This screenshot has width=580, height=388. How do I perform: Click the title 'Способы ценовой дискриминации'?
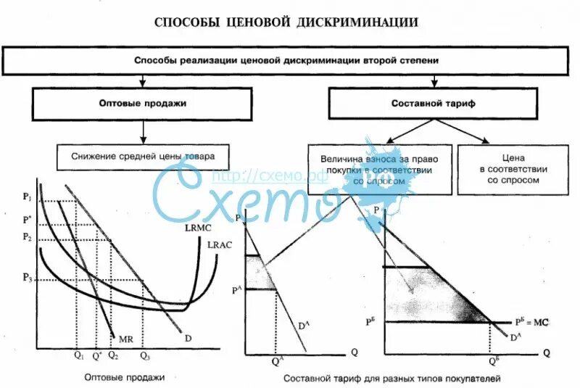286,22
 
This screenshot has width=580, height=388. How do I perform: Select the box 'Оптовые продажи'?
142,104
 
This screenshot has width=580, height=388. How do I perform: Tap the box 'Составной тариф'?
434,104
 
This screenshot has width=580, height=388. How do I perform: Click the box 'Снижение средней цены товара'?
143,156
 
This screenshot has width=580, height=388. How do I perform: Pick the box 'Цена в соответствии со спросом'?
513,168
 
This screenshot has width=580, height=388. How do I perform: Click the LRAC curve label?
219,244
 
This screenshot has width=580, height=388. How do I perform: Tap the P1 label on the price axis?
28,197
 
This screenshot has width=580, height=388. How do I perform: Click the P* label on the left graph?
28,219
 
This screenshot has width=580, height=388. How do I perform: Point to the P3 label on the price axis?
28,277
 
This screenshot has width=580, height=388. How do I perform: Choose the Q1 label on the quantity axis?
78,356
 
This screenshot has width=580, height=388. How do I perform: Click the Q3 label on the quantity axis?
146,356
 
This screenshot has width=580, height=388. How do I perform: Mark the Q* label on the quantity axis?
96,356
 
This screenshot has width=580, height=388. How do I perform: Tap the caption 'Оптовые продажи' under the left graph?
125,377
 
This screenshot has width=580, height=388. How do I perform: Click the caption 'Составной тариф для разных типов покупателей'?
392,378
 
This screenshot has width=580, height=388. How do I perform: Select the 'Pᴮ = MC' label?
534,321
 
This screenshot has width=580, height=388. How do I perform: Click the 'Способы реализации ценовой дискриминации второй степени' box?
286,61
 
